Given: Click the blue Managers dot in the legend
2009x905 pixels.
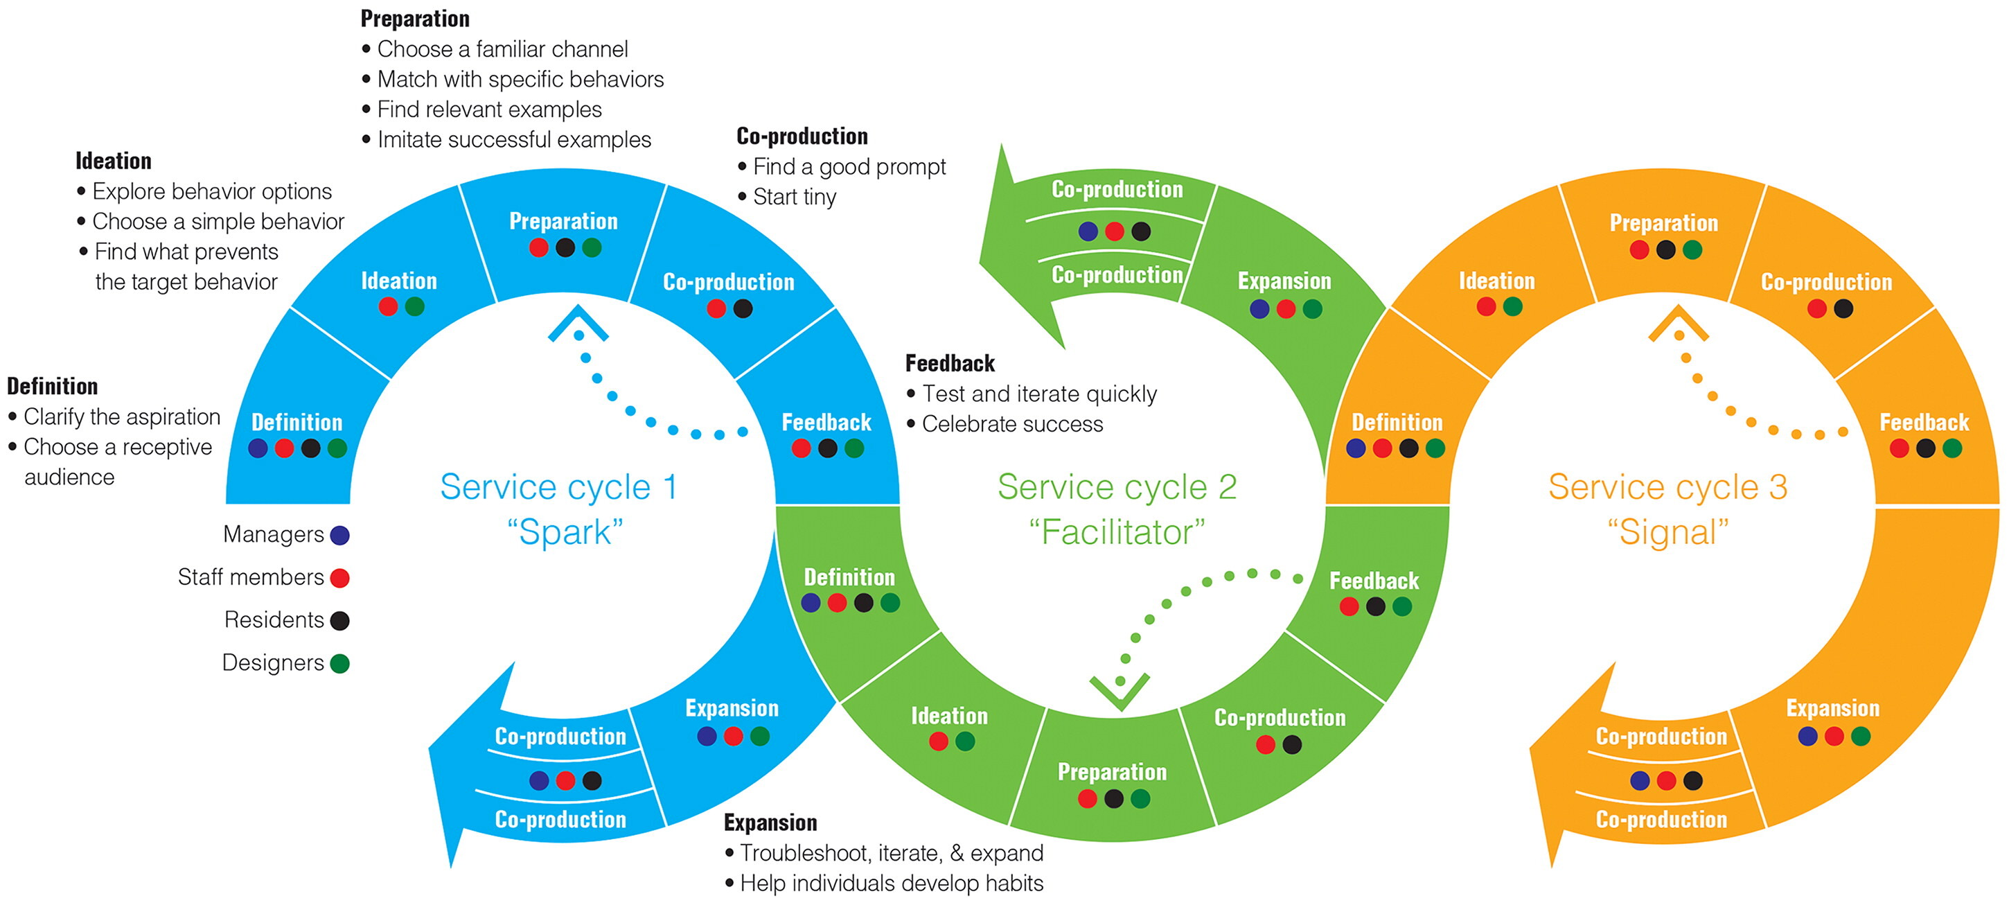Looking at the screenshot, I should click(x=339, y=535).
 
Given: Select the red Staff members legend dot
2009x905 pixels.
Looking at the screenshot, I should click(x=339, y=578).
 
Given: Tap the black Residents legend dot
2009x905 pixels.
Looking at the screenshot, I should click(x=339, y=621).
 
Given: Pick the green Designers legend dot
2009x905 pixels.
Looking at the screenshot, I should click(x=339, y=664).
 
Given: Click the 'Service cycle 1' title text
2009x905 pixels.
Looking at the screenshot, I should click(x=558, y=488).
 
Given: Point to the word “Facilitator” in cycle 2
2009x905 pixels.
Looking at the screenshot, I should click(x=1117, y=533).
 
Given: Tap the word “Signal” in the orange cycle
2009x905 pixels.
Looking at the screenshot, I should click(x=1667, y=533).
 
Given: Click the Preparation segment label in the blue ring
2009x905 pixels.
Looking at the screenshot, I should click(x=563, y=222).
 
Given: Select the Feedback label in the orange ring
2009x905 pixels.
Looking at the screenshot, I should click(x=1924, y=423).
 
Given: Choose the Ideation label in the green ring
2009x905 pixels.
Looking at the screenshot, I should click(x=949, y=717).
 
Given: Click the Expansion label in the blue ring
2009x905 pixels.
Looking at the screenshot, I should click(x=732, y=708).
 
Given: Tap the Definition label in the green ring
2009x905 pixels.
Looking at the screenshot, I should click(x=849, y=577).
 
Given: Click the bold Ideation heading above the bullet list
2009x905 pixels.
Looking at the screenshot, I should click(x=113, y=161).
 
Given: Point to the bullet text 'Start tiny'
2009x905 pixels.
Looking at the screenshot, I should click(x=794, y=197).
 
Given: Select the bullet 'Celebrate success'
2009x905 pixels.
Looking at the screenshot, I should click(x=1012, y=424).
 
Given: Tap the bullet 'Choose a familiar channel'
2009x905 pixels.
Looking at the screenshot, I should click(x=502, y=49).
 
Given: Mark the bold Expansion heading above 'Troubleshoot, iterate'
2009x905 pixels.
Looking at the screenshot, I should click(x=770, y=823).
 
